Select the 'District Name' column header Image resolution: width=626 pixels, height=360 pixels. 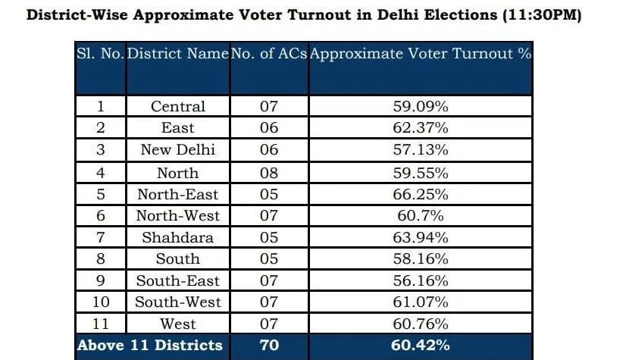pos(177,55)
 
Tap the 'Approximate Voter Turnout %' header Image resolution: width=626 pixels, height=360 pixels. pos(421,55)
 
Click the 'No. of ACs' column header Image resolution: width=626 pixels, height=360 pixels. pos(269,55)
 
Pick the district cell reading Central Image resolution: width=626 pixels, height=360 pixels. pos(177,106)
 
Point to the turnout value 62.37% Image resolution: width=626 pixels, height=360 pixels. pos(421,128)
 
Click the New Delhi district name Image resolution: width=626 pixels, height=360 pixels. pos(177,149)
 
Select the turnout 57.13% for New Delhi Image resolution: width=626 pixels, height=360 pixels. pos(421,149)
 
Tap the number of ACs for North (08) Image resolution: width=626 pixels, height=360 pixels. pos(269,172)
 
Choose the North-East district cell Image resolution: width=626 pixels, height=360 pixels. pos(177,194)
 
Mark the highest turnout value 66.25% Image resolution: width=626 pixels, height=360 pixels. pos(421,194)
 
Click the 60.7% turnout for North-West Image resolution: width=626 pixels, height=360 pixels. pos(421,216)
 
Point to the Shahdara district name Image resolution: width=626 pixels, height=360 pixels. pos(177,237)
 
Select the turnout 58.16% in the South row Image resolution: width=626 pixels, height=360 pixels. pos(421,259)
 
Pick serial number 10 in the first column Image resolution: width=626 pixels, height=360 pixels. pos(100,302)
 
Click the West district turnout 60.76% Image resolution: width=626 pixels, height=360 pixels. pos(421,324)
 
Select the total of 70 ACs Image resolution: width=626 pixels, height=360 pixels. pos(269,346)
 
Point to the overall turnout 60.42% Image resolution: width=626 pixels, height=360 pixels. pos(421,346)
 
